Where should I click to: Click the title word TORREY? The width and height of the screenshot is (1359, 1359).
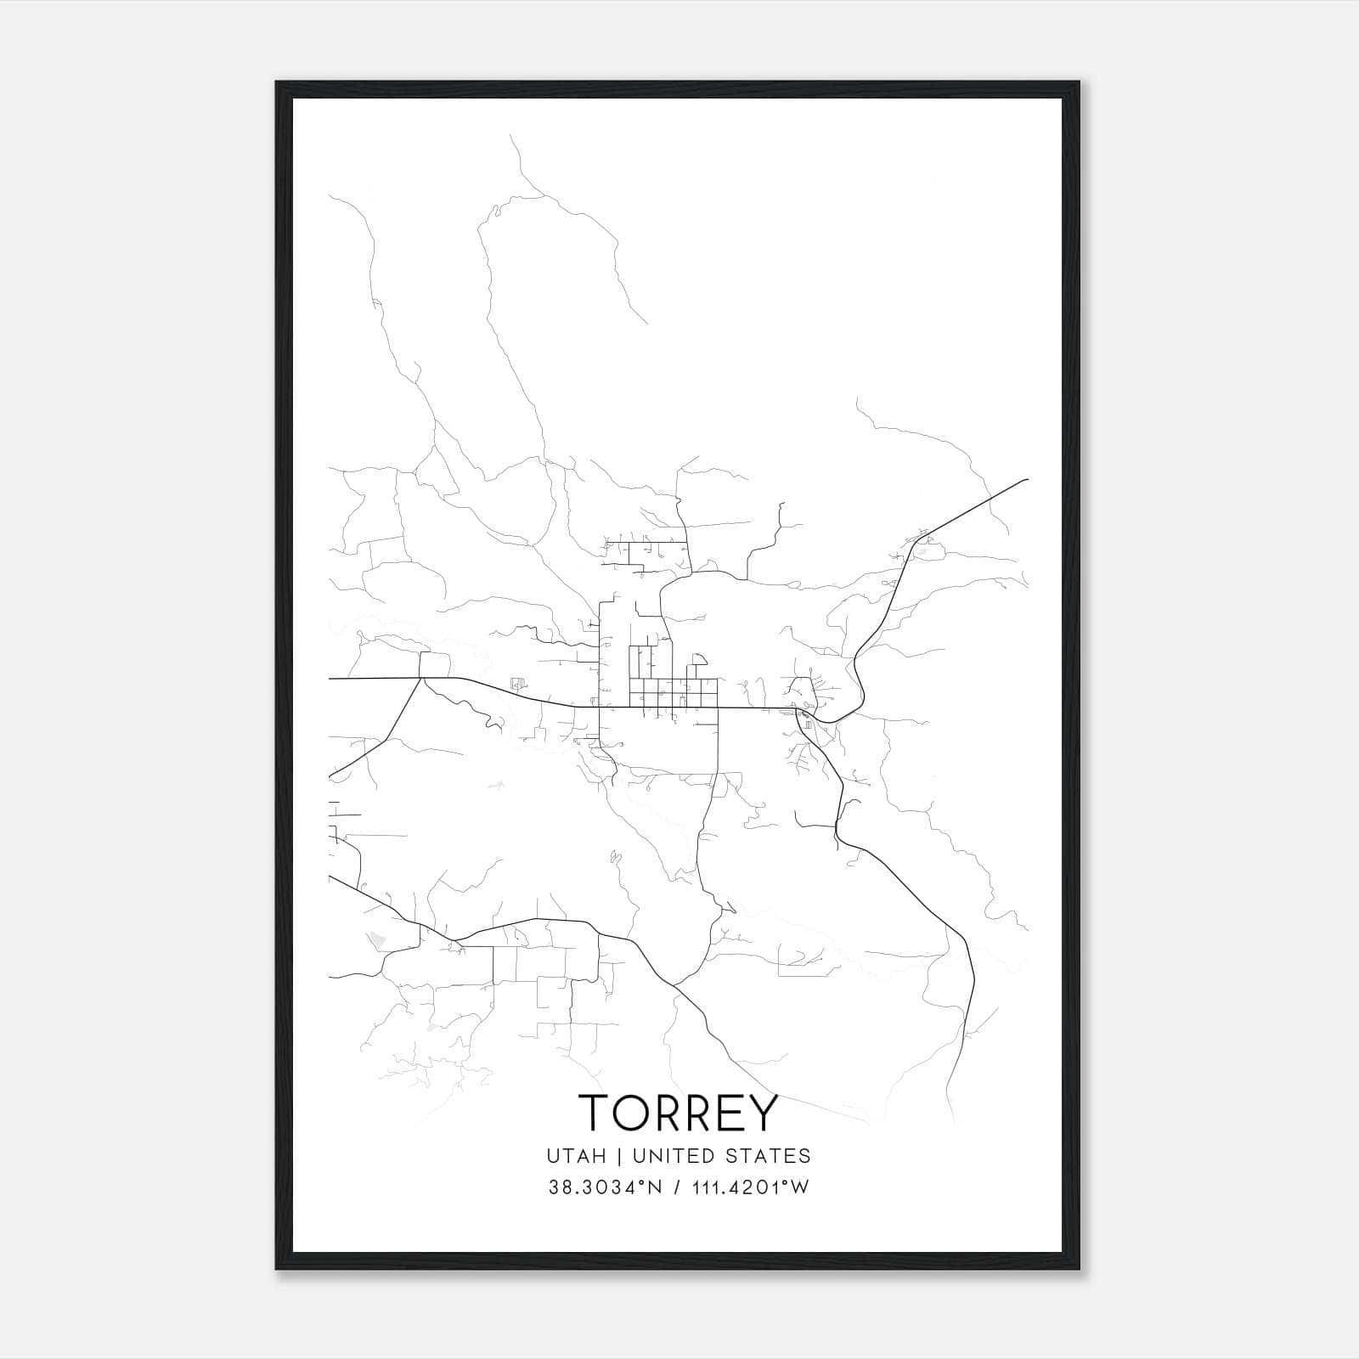pyautogui.click(x=678, y=1112)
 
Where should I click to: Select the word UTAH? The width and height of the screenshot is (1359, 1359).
pyautogui.click(x=577, y=1155)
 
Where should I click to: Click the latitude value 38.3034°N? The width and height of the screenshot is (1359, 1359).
pyautogui.click(x=604, y=1187)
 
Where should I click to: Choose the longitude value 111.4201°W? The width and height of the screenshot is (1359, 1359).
pyautogui.click(x=750, y=1187)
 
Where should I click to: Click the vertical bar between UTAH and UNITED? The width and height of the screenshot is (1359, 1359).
pyautogui.click(x=619, y=1155)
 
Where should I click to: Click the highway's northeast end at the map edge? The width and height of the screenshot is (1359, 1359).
pyautogui.click(x=1028, y=480)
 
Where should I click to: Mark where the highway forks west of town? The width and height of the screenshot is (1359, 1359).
pyautogui.click(x=421, y=678)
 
